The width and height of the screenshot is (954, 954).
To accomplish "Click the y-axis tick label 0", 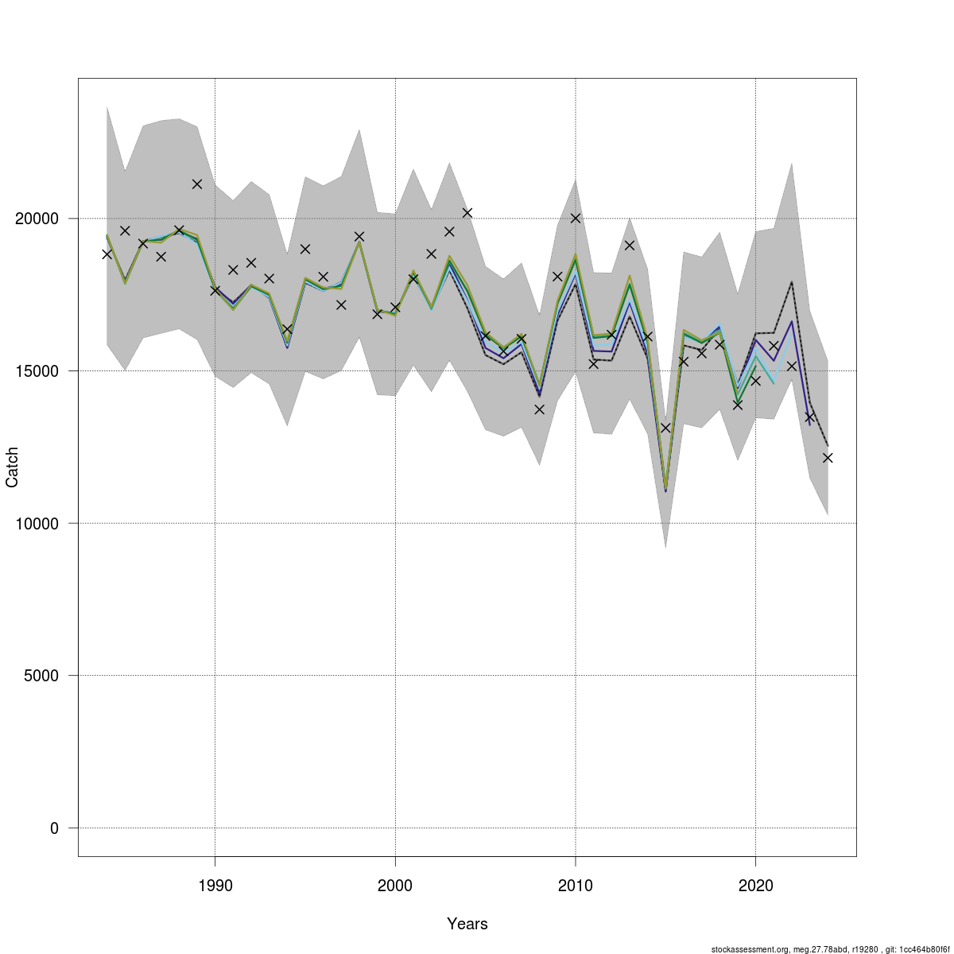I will [x=54, y=828].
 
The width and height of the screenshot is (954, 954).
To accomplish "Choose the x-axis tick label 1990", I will [x=215, y=886].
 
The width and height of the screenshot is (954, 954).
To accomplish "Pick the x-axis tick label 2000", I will [x=395, y=886].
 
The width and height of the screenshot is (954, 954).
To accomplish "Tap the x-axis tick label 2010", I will [x=575, y=886].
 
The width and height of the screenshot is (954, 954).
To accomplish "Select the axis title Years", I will [x=467, y=924].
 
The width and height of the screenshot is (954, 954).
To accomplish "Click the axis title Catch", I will [x=13, y=467].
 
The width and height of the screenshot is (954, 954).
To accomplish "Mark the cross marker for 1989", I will [x=197, y=184].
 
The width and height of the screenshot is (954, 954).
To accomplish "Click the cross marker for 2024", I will [x=828, y=458].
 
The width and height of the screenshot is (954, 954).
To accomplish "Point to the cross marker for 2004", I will [x=467, y=212].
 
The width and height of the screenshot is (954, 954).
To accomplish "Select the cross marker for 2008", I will [x=539, y=409].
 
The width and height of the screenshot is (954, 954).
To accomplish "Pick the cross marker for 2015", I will [x=665, y=428].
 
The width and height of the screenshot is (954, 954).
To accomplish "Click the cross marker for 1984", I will [x=107, y=254].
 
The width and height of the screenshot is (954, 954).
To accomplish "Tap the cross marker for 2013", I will [x=630, y=245].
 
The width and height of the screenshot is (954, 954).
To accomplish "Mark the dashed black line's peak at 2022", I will [x=791, y=282].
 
